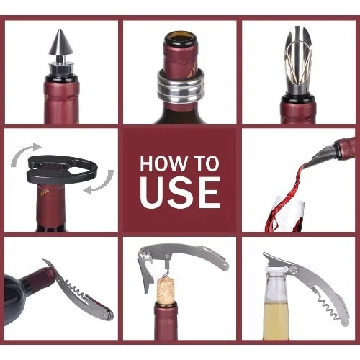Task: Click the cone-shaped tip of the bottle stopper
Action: (61, 42)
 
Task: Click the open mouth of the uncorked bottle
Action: (180, 37)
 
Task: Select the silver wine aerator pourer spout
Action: (298, 60)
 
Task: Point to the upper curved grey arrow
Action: (24, 152)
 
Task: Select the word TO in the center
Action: (207, 163)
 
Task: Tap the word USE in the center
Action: (180, 193)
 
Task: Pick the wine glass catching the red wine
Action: (286, 214)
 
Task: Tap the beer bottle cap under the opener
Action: (278, 270)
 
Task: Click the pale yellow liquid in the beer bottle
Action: (276, 320)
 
